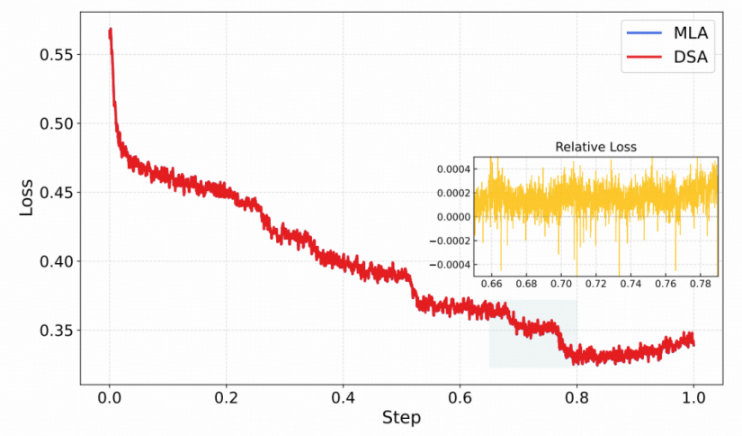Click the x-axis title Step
click(x=401, y=417)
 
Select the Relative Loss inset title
click(x=594, y=146)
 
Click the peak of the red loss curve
click(x=110, y=31)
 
